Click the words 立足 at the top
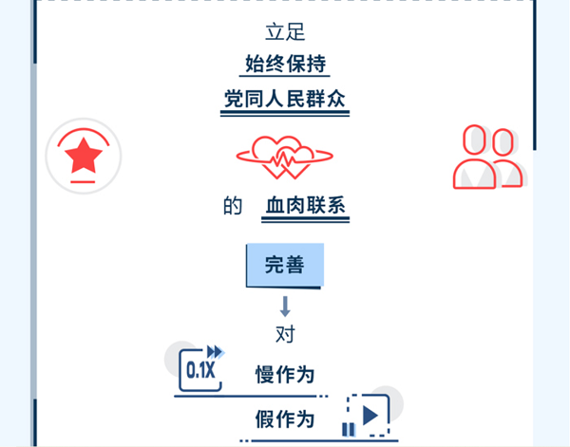[x=285, y=32]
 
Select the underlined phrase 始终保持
[x=285, y=64]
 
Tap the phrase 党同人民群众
[x=285, y=99]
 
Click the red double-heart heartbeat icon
[x=285, y=158]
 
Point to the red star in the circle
[x=84, y=156]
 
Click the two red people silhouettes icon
[x=488, y=157]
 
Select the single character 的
[x=233, y=206]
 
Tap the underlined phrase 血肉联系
[x=305, y=206]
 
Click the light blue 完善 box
[x=285, y=265]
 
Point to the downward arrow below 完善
[x=285, y=307]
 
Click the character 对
[x=285, y=334]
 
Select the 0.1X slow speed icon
[x=200, y=370]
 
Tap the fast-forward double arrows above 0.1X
[x=216, y=352]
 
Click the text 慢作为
[x=285, y=374]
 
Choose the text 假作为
[x=285, y=419]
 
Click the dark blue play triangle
[x=370, y=416]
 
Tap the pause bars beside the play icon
[x=349, y=429]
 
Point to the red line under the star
[x=83, y=181]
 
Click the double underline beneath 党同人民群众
[x=285, y=113]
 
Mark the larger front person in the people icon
[x=474, y=158]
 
